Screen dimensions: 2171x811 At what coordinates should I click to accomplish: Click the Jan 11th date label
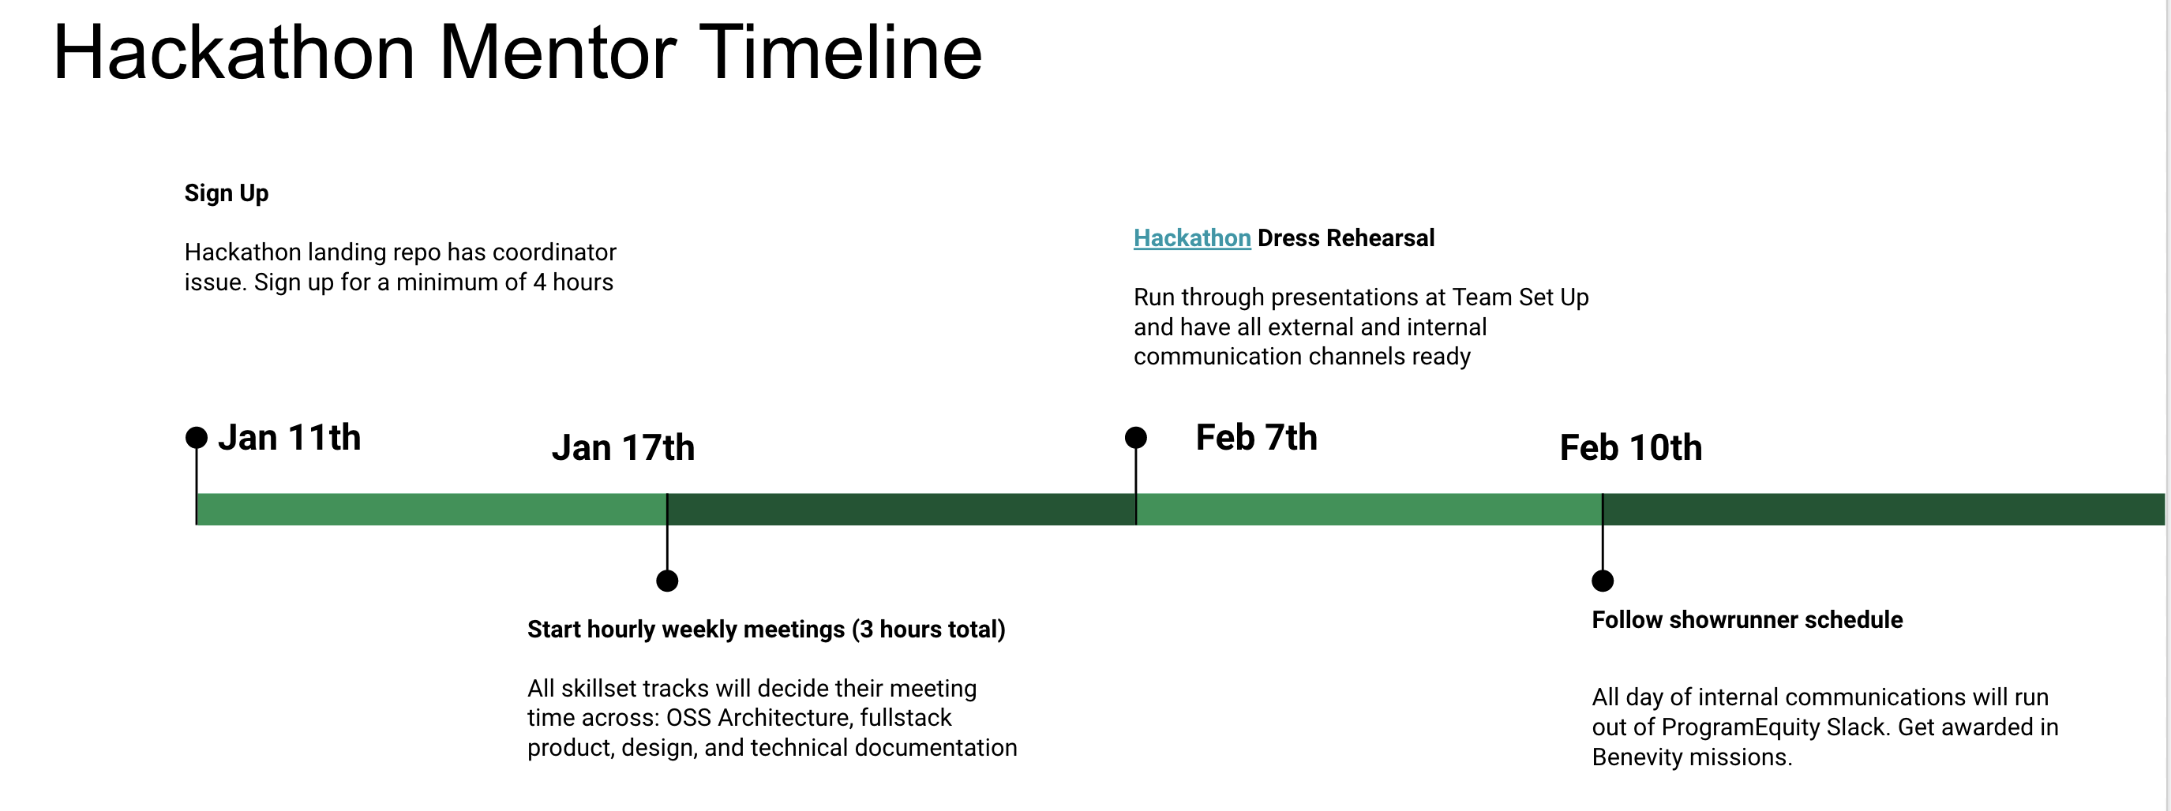tap(289, 437)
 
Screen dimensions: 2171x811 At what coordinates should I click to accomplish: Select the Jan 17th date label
tap(623, 447)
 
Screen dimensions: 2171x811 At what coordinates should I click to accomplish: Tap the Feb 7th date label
tap(1256, 437)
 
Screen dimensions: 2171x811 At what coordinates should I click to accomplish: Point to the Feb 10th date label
tap(1631, 447)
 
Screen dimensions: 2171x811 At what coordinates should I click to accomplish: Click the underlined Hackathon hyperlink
tap(1192, 238)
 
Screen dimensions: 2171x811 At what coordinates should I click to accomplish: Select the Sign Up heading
tap(227, 192)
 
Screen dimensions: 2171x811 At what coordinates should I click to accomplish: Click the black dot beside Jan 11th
tap(197, 438)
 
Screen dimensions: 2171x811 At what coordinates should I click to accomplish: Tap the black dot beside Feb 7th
tap(1136, 438)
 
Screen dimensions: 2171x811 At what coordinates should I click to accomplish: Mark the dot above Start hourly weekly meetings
tap(667, 581)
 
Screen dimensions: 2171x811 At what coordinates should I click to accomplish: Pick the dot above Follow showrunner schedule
tap(1603, 581)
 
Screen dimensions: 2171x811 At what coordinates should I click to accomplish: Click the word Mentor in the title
tap(557, 52)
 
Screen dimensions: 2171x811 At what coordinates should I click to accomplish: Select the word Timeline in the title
tap(840, 52)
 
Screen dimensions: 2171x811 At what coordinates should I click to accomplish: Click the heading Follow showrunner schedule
tap(1747, 620)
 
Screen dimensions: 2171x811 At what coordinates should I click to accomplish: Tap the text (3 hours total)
tap(928, 629)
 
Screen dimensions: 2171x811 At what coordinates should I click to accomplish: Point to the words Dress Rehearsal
tap(1346, 238)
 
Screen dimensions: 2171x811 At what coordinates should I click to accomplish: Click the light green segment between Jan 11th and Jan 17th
tap(432, 510)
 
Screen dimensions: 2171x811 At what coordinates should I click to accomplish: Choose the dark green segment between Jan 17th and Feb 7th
tap(902, 510)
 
